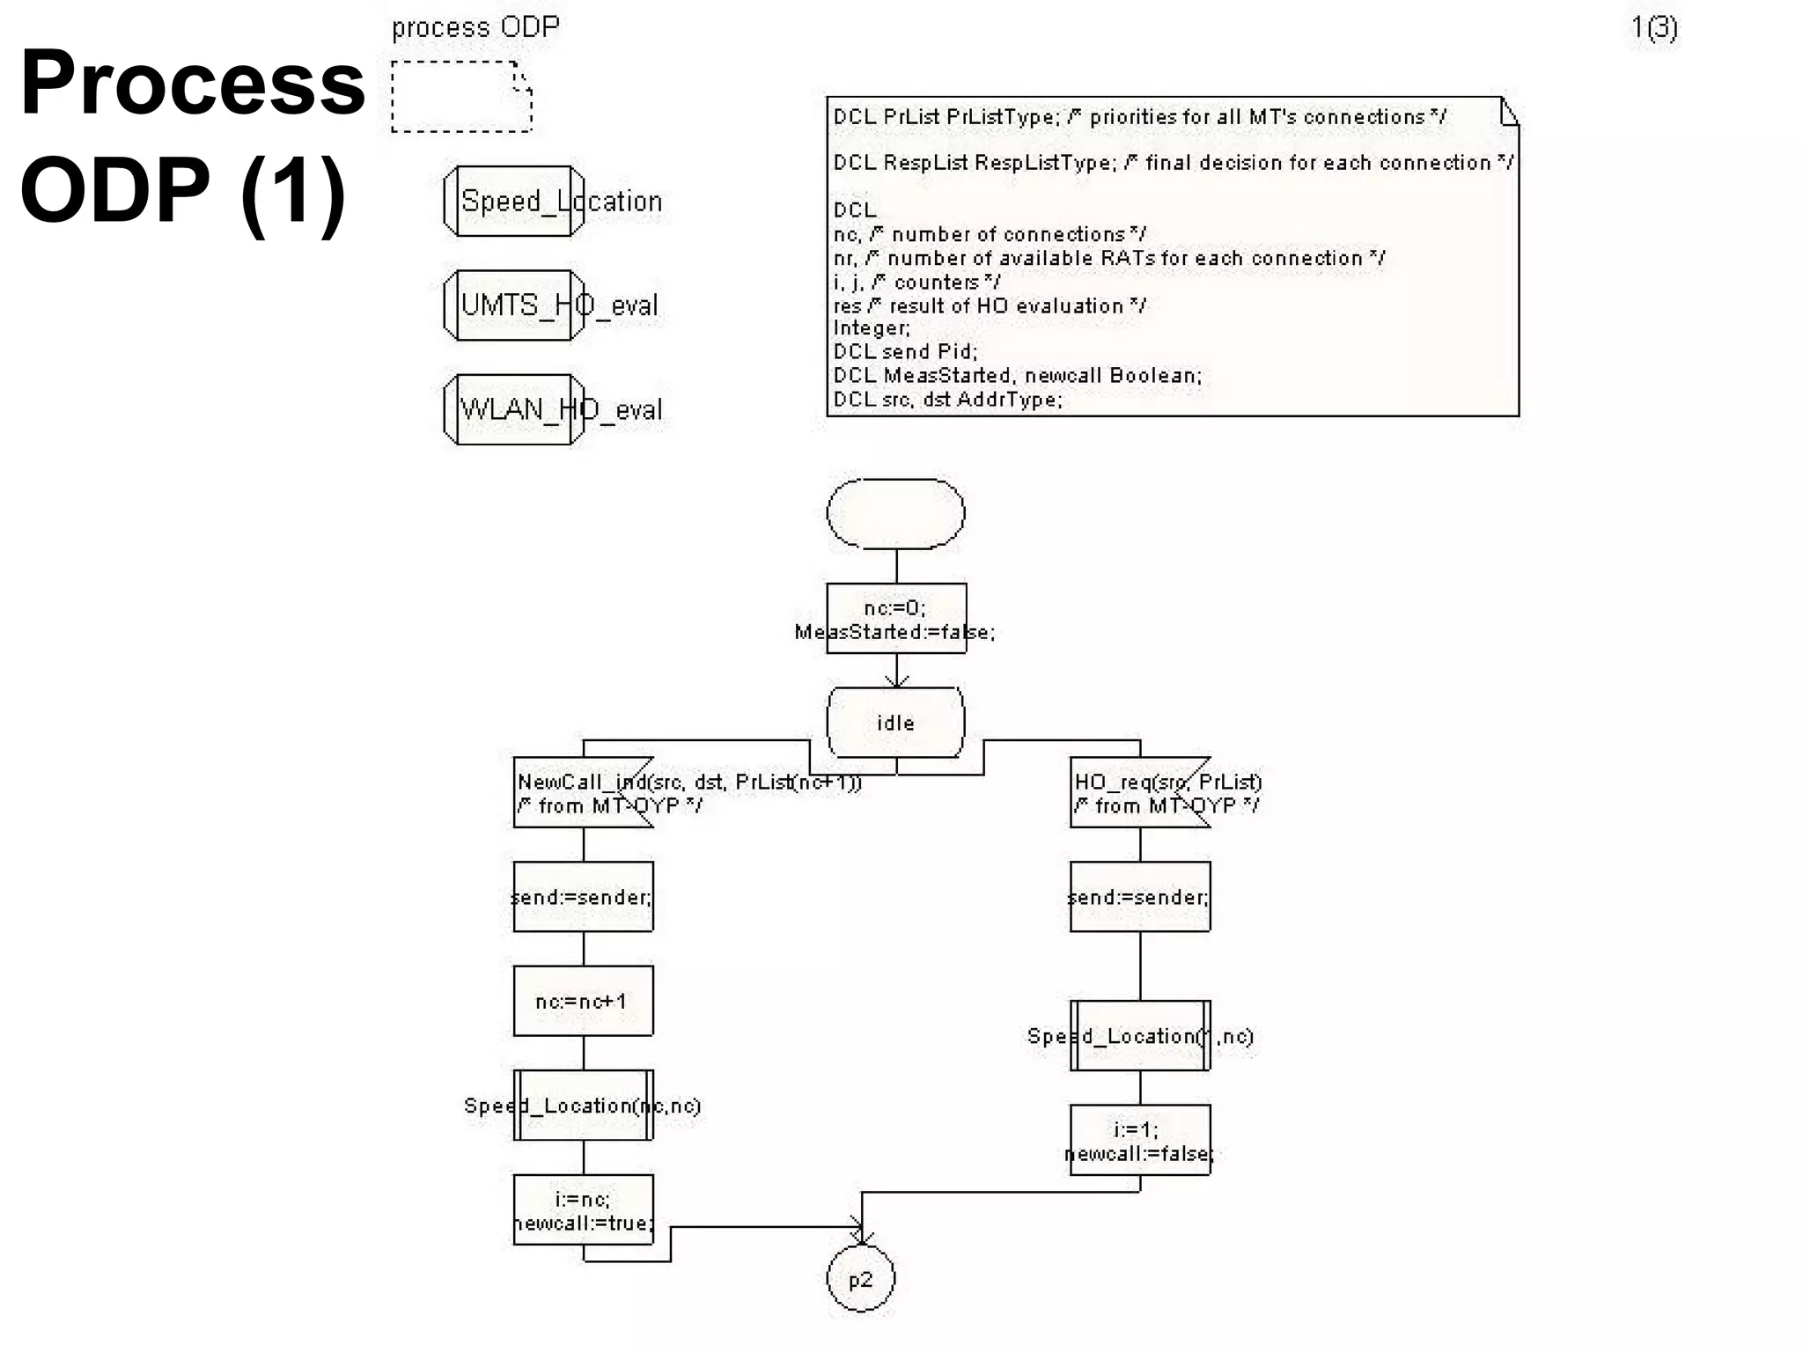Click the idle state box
895,723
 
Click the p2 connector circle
860,1279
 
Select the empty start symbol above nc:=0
895,514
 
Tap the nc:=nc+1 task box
583,1001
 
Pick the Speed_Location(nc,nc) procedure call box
583,1105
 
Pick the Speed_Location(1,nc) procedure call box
1139,1035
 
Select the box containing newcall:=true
583,1209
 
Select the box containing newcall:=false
1139,1140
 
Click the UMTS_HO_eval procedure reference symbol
514,305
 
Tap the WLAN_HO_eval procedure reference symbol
514,409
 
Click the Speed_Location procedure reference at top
514,202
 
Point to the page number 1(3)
1654,28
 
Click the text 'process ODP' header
475,27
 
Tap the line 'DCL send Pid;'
905,351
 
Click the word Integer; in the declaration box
872,328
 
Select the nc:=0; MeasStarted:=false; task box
895,619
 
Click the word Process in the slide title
192,82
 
